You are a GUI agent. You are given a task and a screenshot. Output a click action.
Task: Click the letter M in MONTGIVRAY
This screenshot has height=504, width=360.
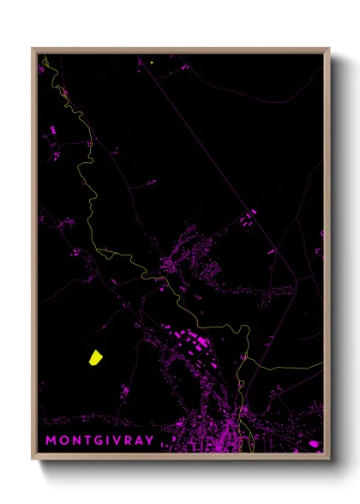(51, 441)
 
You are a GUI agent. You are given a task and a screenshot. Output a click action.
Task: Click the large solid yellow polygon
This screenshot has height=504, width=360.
(94, 357)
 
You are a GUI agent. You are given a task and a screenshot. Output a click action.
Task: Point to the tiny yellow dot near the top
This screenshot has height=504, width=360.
(152, 62)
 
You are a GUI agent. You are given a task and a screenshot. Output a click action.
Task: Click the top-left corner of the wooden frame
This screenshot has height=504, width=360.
(33, 49)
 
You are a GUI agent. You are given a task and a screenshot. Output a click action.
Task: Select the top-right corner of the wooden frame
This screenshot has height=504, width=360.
(329, 49)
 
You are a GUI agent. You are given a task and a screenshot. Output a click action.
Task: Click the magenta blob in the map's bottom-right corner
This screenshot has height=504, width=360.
(313, 443)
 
